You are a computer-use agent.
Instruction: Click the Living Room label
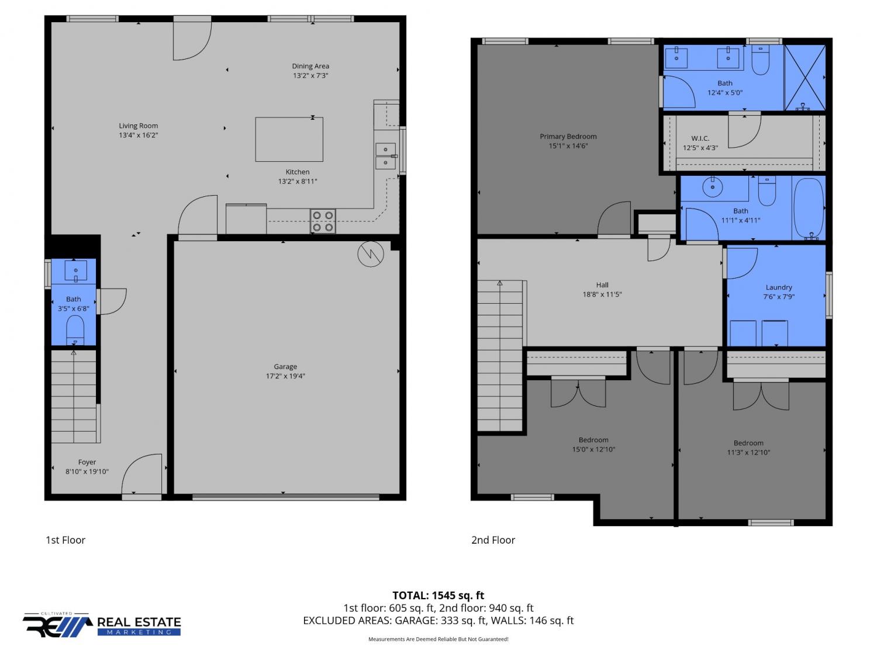pyautogui.click(x=138, y=126)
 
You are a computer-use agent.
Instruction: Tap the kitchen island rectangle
pyautogui.click(x=289, y=139)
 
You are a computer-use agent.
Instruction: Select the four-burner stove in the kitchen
pyautogui.click(x=323, y=221)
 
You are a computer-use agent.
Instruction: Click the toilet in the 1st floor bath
pyautogui.click(x=75, y=329)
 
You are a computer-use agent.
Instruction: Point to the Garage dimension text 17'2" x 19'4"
pyautogui.click(x=285, y=376)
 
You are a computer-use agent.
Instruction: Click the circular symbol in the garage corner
pyautogui.click(x=371, y=253)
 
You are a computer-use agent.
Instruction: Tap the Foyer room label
pyautogui.click(x=87, y=462)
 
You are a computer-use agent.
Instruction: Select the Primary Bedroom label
pyautogui.click(x=568, y=137)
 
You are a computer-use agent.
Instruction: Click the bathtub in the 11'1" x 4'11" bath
pyautogui.click(x=809, y=208)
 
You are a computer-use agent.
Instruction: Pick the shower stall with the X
pyautogui.click(x=805, y=78)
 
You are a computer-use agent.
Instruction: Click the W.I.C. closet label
pyautogui.click(x=700, y=138)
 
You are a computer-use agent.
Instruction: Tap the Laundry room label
pyautogui.click(x=779, y=287)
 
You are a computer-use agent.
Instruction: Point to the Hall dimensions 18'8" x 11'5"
pyautogui.click(x=602, y=294)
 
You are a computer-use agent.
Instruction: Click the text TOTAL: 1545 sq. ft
pyautogui.click(x=438, y=595)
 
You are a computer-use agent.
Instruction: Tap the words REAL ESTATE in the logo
pyautogui.click(x=139, y=622)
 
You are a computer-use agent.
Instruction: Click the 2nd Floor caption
pyautogui.click(x=493, y=540)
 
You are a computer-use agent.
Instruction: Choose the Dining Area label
pyautogui.click(x=310, y=66)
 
